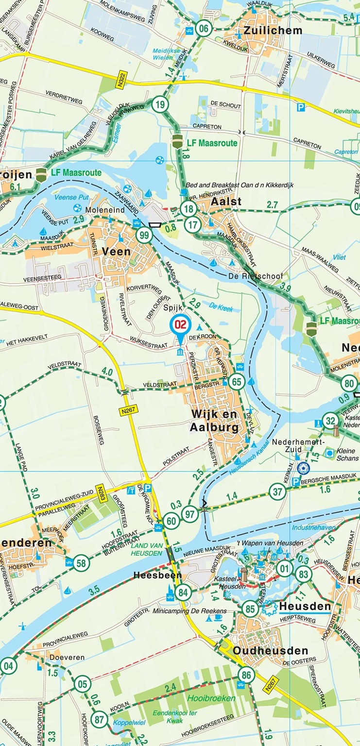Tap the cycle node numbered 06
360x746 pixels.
tap(204, 29)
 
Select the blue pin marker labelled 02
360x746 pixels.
tap(180, 324)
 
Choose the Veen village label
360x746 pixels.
tap(116, 251)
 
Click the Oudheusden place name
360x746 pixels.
tap(270, 650)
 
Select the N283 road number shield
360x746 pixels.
tap(101, 491)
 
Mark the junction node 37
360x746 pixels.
tap(278, 492)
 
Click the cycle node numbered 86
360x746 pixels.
tap(246, 675)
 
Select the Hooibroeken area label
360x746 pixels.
tap(211, 698)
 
